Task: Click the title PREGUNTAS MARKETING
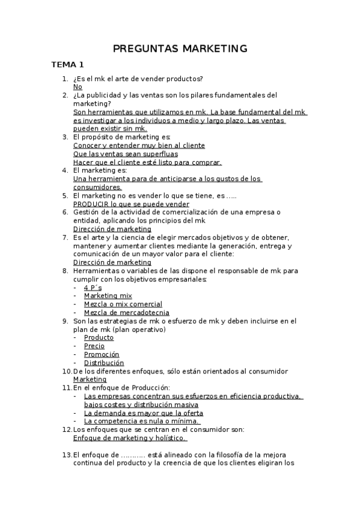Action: (180, 48)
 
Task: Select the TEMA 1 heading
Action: (67, 64)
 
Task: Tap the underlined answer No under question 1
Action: (78, 87)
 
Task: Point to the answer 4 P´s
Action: (93, 287)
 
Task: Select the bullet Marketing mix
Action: (108, 296)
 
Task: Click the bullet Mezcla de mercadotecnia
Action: (127, 313)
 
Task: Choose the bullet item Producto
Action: (99, 337)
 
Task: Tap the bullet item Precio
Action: (94, 346)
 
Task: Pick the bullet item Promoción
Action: (102, 354)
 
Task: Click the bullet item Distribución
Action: (104, 363)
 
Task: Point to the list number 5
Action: (65, 195)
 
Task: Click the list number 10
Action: (66, 371)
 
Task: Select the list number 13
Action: (66, 455)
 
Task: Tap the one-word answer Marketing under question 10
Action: (90, 379)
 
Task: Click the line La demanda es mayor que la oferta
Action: (144, 413)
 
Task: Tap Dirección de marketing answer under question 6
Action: (112, 229)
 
